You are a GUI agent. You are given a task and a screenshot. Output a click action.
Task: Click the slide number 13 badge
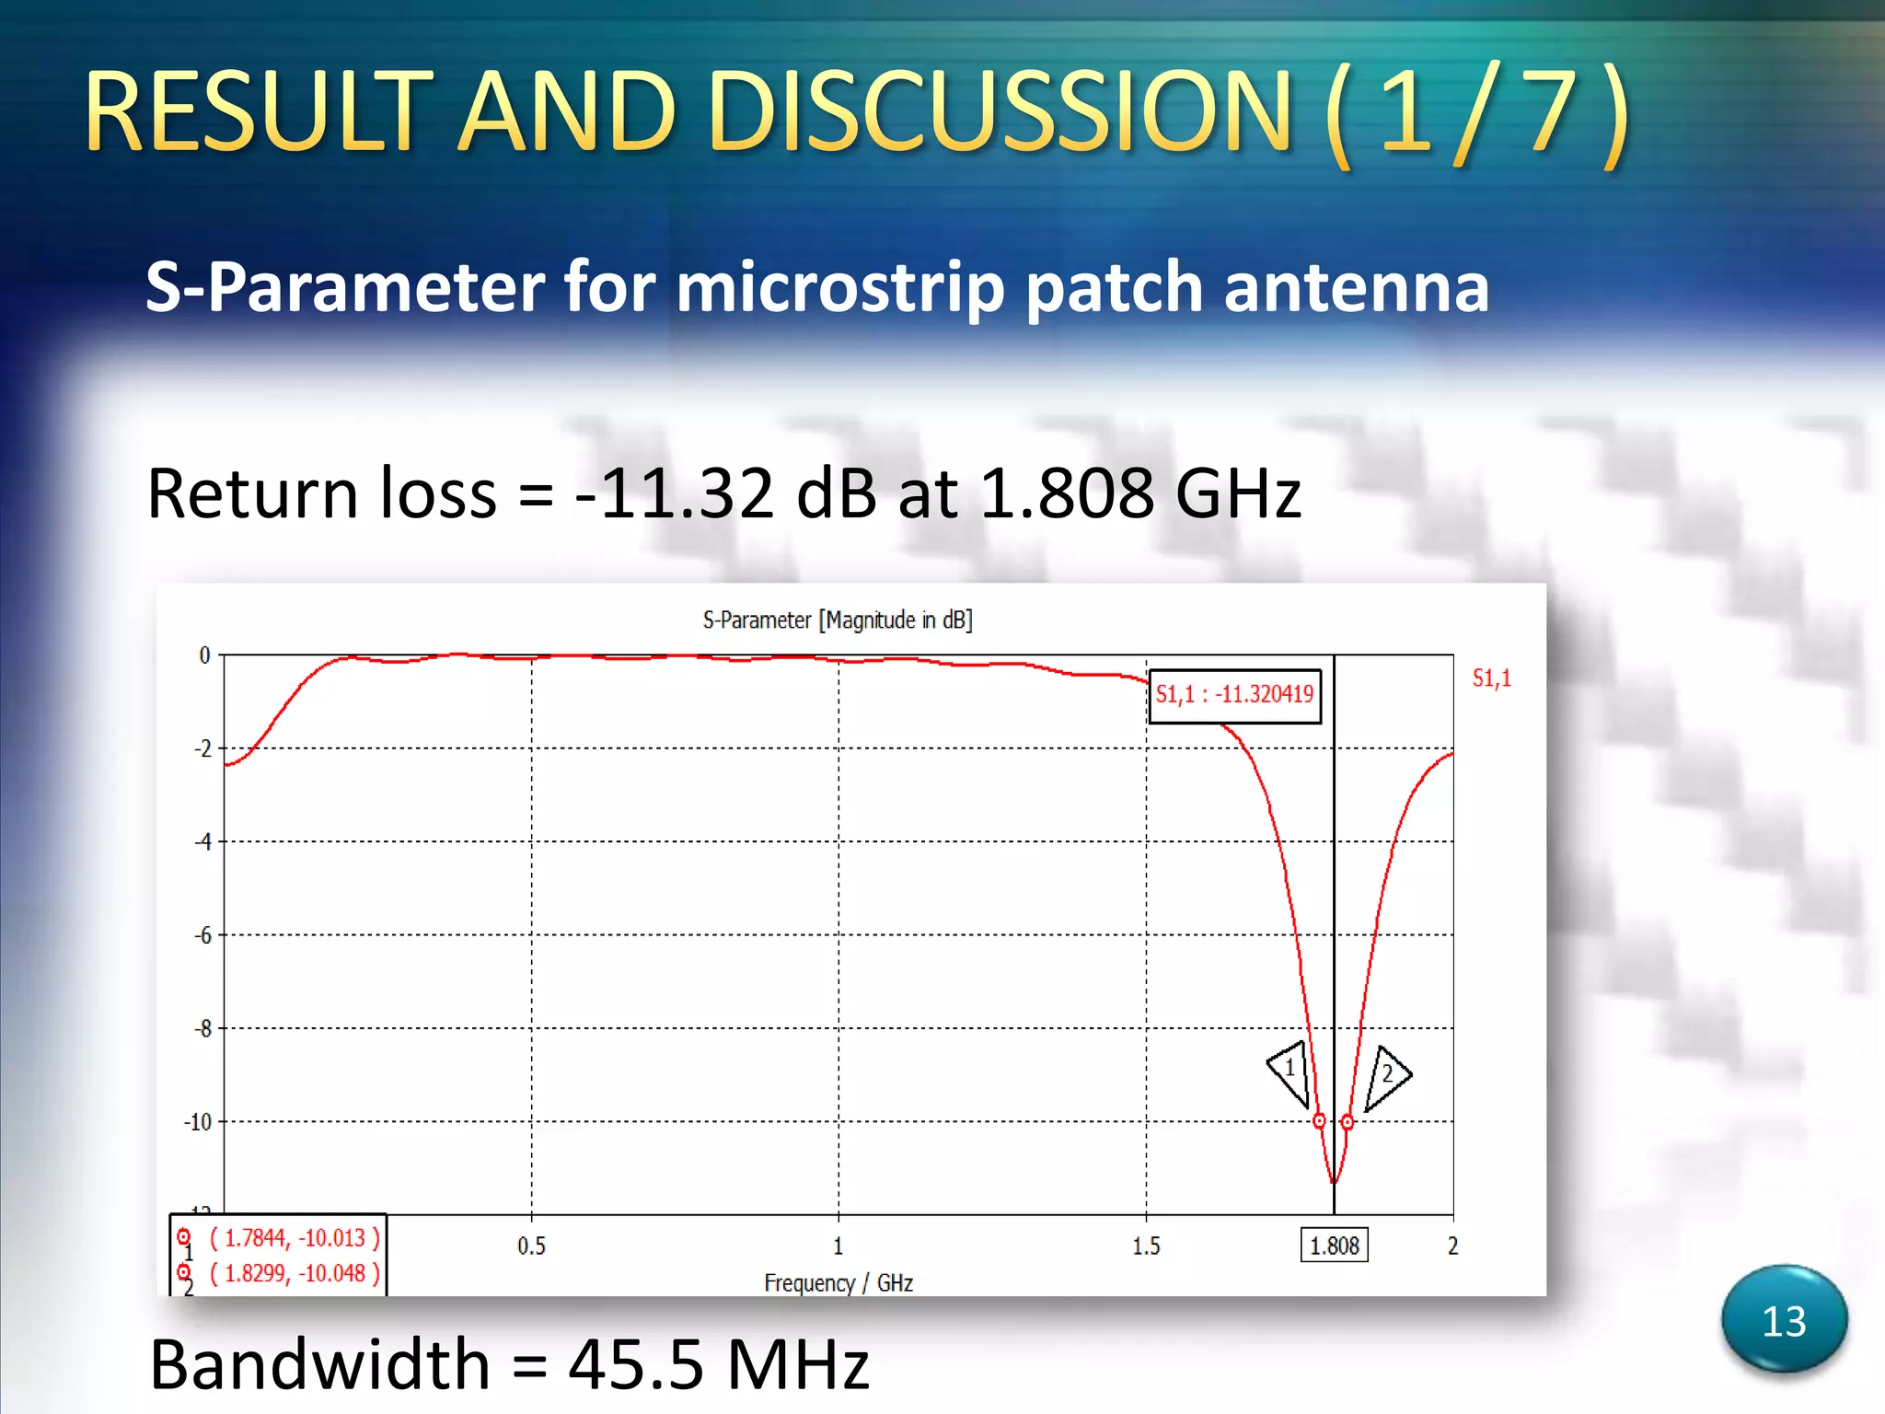click(1784, 1321)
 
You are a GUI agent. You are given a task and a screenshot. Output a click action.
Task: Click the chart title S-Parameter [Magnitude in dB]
click(837, 620)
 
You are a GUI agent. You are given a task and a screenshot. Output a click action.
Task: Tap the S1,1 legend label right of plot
click(1491, 678)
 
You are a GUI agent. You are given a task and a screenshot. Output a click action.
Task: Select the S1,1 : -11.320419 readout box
click(1234, 695)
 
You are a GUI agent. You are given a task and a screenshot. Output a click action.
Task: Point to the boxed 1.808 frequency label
click(1334, 1246)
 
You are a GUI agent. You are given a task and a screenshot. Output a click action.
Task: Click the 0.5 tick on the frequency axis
click(531, 1246)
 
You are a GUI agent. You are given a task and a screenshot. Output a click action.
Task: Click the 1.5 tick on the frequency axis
click(1146, 1246)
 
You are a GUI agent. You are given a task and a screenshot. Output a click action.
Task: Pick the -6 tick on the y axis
click(202, 935)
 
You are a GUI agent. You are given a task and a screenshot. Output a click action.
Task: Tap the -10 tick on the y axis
click(198, 1122)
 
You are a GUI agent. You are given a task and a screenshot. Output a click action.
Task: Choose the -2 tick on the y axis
click(202, 748)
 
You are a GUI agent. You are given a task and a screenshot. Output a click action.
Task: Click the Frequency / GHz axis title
click(838, 1283)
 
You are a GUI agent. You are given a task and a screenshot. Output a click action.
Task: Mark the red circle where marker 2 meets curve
click(1347, 1122)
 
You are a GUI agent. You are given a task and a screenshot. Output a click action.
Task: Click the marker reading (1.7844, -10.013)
click(295, 1238)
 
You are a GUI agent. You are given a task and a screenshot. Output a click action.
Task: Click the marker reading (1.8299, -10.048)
click(295, 1274)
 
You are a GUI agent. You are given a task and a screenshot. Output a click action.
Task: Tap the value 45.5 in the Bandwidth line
click(627, 1364)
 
